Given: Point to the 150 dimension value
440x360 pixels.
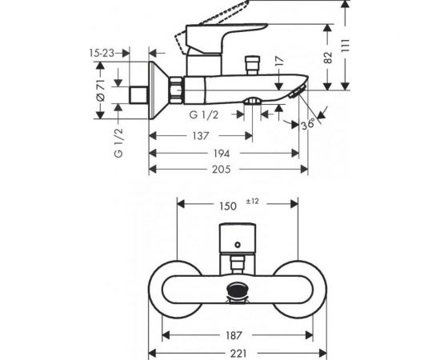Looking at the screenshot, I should pos(227,206).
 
